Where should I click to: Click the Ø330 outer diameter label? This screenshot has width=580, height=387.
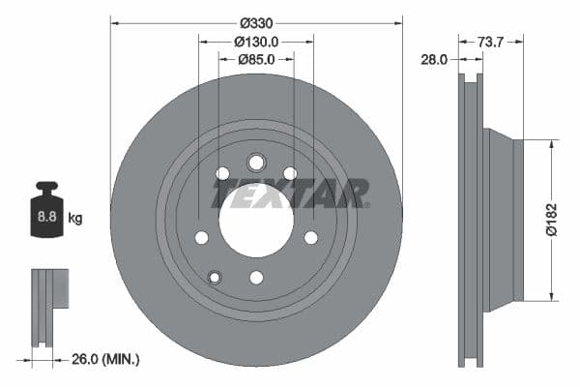pos(256,22)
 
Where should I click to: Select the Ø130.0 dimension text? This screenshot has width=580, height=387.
pos(256,41)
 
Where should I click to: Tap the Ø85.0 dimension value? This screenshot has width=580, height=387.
pos(256,59)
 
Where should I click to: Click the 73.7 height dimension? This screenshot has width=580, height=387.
pos(492,41)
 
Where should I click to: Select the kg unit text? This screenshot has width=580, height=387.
pos(75,219)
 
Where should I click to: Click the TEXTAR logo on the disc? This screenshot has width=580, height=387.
pos(290,194)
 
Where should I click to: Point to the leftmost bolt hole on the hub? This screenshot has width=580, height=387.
pos(201,237)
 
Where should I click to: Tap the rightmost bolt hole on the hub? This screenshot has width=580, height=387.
pos(311,237)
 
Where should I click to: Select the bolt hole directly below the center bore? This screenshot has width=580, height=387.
pos(256,278)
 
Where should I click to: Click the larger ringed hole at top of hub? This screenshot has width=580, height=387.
pos(256,163)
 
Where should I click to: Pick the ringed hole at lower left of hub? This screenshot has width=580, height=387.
pos(215,278)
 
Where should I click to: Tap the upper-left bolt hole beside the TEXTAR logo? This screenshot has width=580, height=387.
pos(222,173)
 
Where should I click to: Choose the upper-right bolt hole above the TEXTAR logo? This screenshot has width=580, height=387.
pos(290,173)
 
